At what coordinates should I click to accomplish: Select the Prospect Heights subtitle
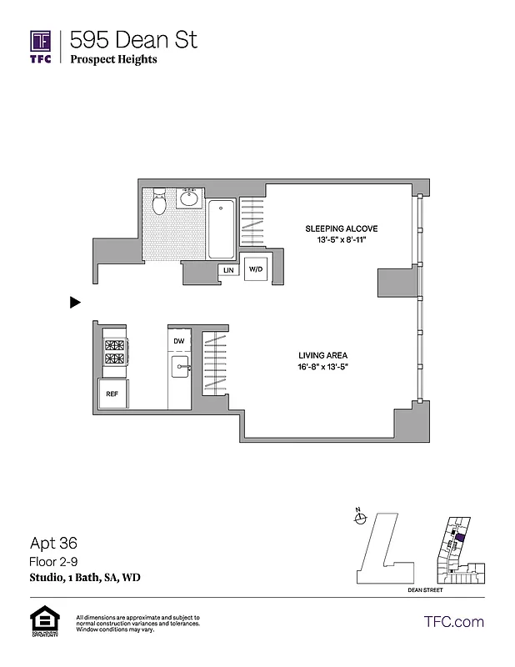(x=113, y=59)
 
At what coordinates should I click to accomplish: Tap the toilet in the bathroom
(x=160, y=201)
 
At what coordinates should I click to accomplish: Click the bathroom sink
(x=188, y=199)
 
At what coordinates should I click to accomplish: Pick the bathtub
(x=222, y=229)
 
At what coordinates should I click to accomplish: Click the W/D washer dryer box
(x=254, y=269)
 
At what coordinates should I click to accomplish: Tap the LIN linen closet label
(x=227, y=270)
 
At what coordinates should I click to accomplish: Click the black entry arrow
(x=75, y=303)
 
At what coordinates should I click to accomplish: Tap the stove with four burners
(x=113, y=352)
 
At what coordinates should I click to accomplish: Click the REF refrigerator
(x=112, y=394)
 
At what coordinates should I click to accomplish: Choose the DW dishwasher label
(x=178, y=342)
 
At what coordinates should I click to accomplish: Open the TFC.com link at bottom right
(x=453, y=622)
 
